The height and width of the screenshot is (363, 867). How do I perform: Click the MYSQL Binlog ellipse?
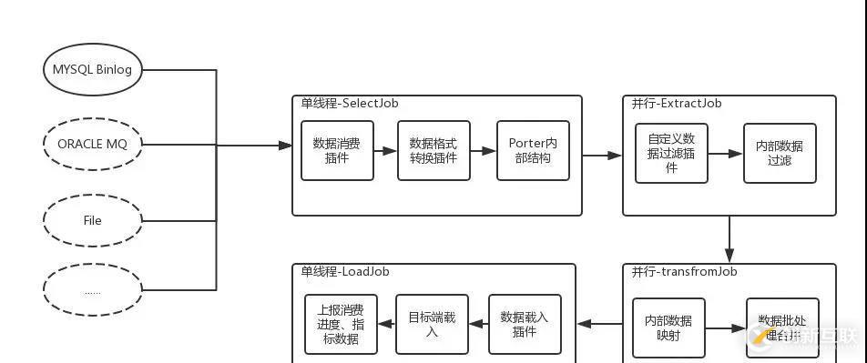tap(93, 70)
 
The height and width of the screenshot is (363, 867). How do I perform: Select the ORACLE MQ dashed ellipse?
tap(93, 144)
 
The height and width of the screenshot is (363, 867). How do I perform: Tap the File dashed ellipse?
tap(93, 220)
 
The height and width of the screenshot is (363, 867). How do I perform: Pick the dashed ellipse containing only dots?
tap(93, 291)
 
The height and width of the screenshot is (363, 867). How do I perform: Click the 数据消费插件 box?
tap(338, 151)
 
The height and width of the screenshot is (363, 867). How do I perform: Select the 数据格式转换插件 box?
tap(433, 151)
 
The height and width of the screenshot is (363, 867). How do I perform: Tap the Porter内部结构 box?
tap(533, 151)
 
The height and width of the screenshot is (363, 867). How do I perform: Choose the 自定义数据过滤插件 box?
tap(671, 153)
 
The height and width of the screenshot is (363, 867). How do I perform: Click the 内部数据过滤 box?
tap(780, 153)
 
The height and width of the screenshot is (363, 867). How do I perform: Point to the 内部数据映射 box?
tap(668, 328)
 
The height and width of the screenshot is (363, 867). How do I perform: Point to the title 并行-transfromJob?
tap(684, 271)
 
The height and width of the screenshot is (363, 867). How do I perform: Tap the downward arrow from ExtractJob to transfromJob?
tap(729, 239)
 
